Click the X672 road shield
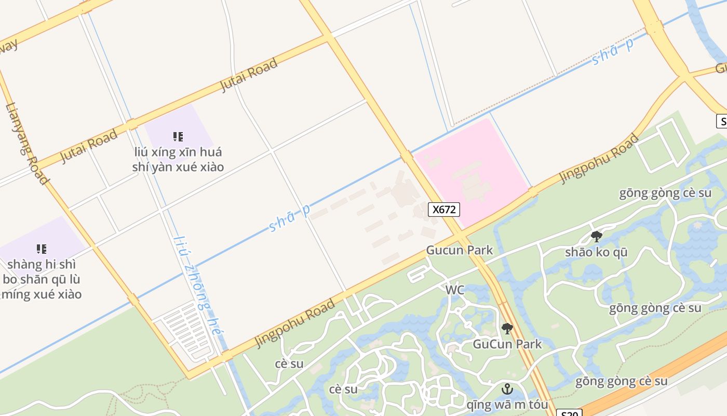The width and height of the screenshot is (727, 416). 444,210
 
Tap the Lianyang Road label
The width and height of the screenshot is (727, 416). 27,144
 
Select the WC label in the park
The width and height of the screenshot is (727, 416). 455,290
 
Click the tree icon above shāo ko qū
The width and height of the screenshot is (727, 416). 597,237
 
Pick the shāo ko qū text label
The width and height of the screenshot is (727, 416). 596,252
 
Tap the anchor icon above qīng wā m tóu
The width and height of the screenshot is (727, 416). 507,389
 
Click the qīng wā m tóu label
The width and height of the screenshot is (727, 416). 507,405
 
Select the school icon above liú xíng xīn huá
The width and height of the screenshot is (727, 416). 178,137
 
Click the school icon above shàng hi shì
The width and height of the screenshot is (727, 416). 42,249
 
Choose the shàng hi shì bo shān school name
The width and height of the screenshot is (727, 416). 42,279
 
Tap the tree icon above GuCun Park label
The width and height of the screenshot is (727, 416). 507,329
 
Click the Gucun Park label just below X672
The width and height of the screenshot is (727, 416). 460,250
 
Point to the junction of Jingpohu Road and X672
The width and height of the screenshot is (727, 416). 460,237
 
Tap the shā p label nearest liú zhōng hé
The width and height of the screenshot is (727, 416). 290,218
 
